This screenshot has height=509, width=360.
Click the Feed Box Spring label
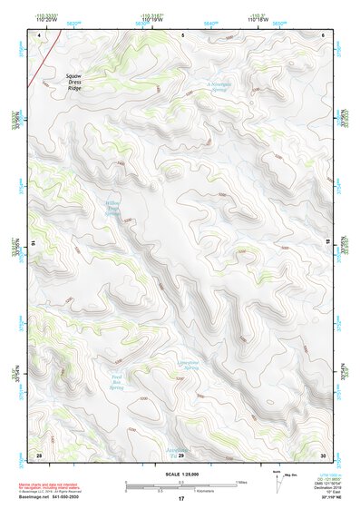point(116,378)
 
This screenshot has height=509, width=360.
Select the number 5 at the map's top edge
point(182,35)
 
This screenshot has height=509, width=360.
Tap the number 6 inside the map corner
point(324,35)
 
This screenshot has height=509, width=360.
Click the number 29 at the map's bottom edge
point(180,455)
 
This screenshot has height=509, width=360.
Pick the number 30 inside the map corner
point(323,454)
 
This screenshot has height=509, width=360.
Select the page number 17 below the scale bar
point(180,499)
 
